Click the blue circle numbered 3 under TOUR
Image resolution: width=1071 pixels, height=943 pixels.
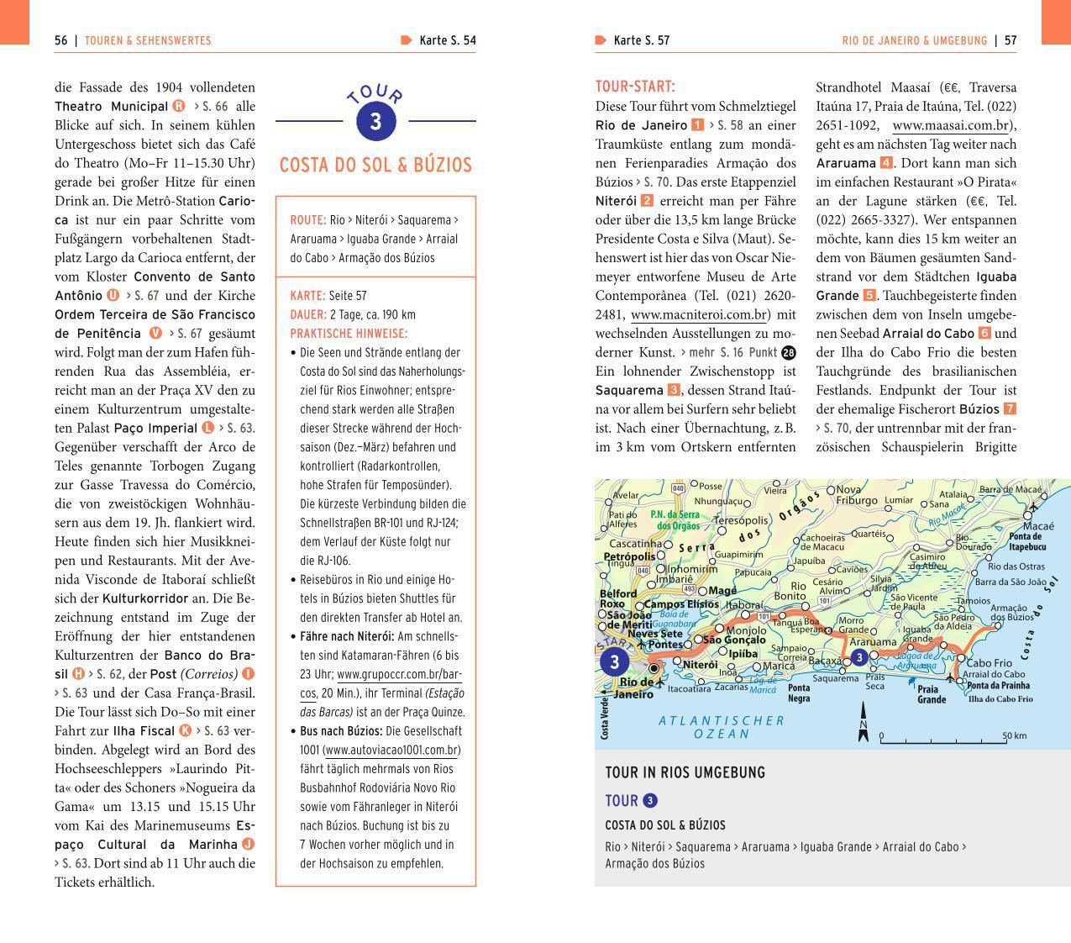[375, 121]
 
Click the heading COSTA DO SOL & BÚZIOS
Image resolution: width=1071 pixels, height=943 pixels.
[375, 165]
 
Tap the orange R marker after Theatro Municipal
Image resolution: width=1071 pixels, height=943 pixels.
[179, 106]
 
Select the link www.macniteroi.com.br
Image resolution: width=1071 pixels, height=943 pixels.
[700, 314]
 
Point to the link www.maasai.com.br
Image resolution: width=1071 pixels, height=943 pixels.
[951, 125]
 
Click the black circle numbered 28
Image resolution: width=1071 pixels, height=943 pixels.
[788, 353]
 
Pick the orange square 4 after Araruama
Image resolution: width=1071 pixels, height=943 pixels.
[886, 163]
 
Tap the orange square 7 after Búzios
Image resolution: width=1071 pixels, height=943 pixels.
[1010, 409]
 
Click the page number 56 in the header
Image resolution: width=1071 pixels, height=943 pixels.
[61, 40]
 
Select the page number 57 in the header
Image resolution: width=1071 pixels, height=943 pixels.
[1011, 40]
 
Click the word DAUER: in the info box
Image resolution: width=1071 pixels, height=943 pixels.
[308, 314]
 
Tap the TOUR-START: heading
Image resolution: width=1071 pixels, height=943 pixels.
[635, 87]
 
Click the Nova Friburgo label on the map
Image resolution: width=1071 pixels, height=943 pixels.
[856, 495]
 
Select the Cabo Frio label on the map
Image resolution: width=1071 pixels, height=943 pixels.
[990, 662]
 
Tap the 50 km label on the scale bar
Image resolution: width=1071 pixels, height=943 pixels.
[1014, 736]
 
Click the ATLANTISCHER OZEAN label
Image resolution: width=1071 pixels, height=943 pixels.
[722, 727]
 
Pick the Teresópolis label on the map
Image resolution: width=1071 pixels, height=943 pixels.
[740, 521]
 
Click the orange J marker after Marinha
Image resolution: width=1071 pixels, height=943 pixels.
[248, 844]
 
